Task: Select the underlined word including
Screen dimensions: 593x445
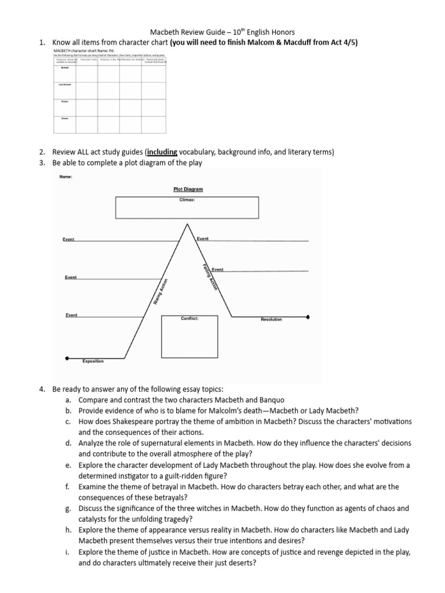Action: pyautogui.click(x=163, y=152)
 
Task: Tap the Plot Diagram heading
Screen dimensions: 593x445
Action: pyautogui.click(x=188, y=189)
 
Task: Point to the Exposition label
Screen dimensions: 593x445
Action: pyautogui.click(x=93, y=361)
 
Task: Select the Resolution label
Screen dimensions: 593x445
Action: pyautogui.click(x=271, y=320)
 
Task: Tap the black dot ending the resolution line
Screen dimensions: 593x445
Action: pyautogui.click(x=307, y=317)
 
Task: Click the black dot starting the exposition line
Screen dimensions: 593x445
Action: pyautogui.click(x=67, y=358)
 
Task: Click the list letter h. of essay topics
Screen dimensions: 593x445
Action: pyautogui.click(x=68, y=530)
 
